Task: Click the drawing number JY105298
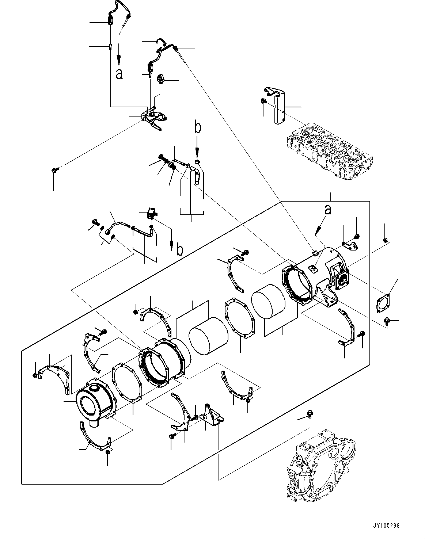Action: click(x=386, y=525)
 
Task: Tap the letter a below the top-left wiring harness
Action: click(x=119, y=74)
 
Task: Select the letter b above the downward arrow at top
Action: click(x=197, y=127)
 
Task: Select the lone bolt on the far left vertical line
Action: click(x=54, y=170)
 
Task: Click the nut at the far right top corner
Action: click(x=385, y=240)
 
